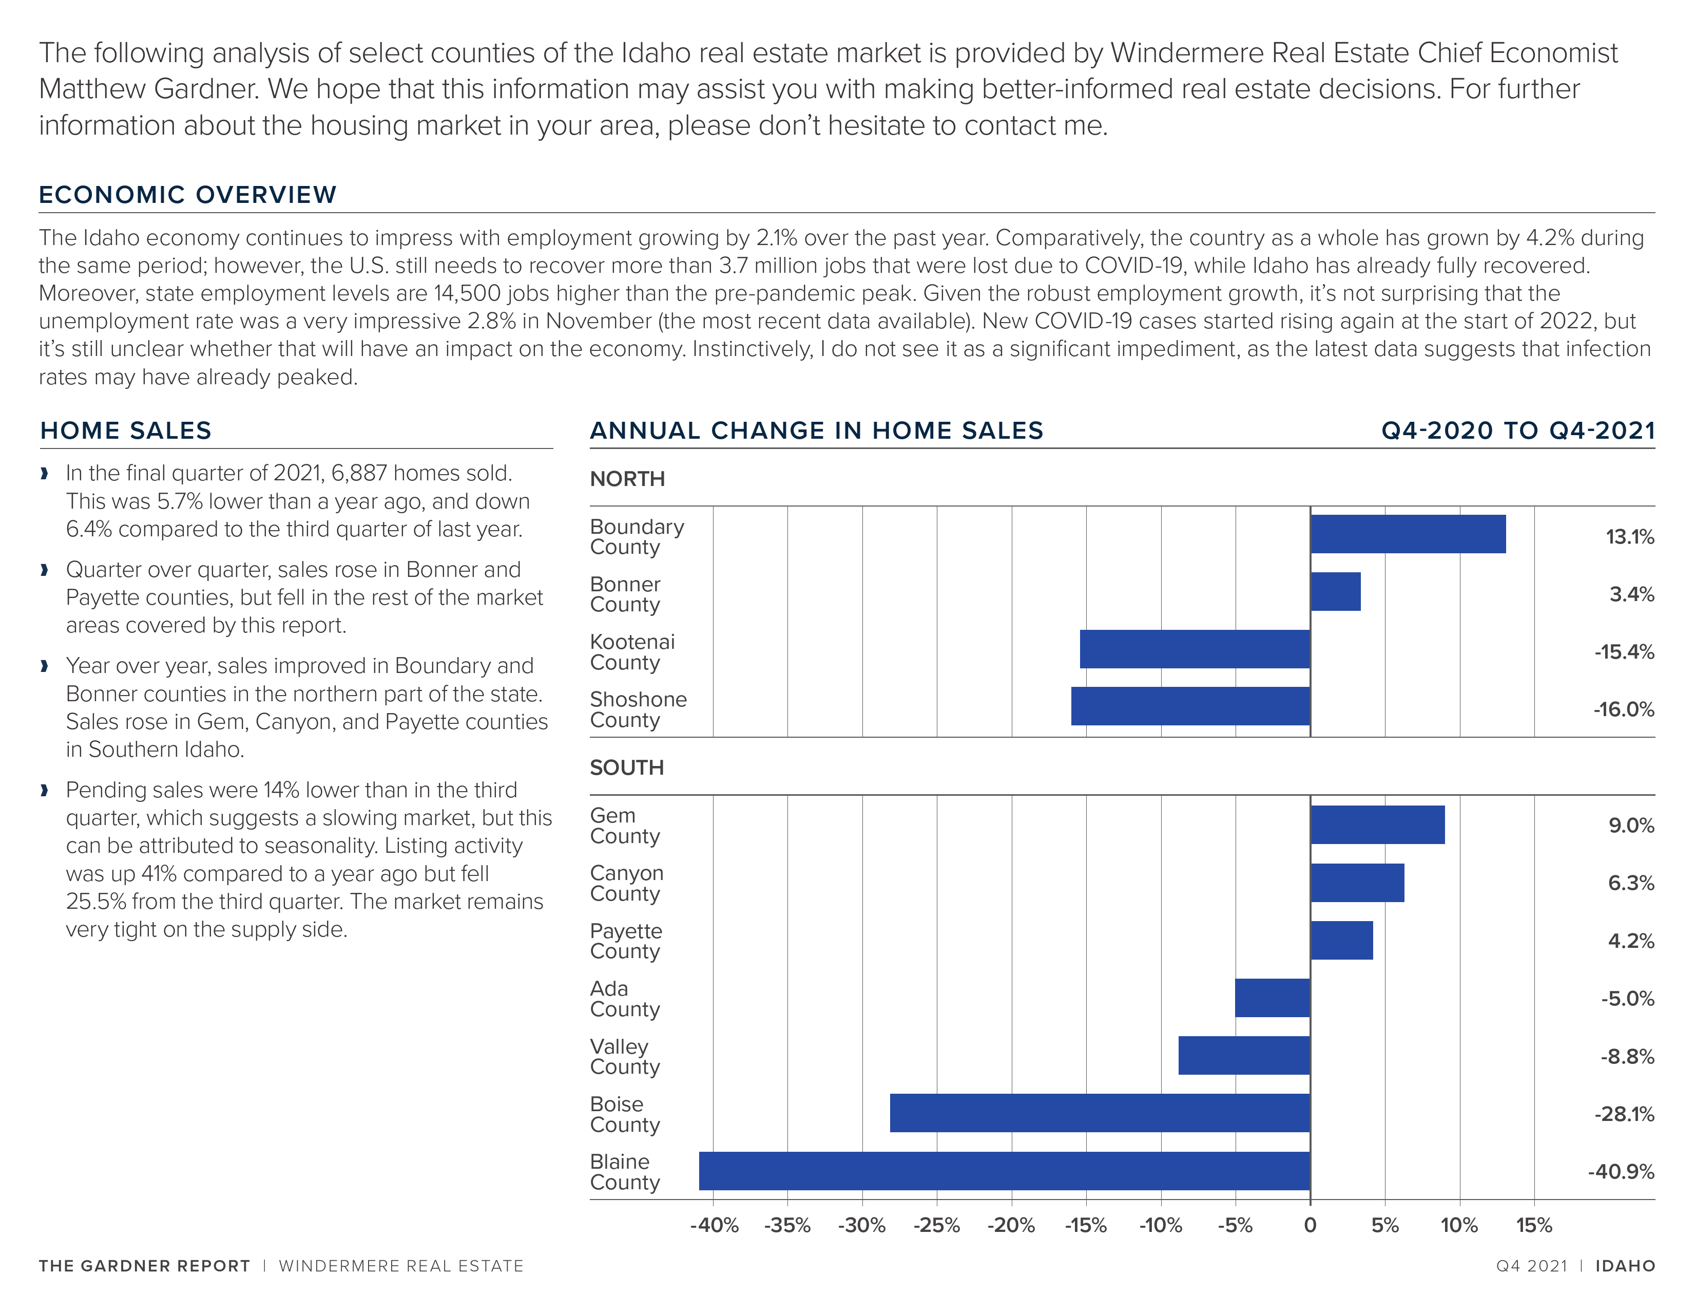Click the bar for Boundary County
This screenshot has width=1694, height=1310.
tap(1408, 534)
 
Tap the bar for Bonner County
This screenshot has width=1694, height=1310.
tap(1336, 591)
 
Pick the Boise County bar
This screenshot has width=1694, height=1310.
tap(1100, 1113)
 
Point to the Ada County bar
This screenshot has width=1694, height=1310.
tap(1272, 998)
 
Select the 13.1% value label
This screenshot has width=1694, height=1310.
tap(1630, 536)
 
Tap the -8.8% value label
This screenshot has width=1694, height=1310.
tap(1627, 1056)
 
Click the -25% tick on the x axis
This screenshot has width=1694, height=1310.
tap(936, 1225)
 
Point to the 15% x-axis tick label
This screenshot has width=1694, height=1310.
tap(1534, 1225)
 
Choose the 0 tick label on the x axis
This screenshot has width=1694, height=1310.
tap(1310, 1225)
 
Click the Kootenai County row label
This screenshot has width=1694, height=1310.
tap(632, 652)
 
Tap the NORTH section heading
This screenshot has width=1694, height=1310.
tap(627, 479)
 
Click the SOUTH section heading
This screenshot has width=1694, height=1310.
tap(627, 768)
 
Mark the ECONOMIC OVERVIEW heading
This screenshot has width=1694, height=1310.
tap(188, 194)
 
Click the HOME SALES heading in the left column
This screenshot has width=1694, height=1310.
tap(126, 431)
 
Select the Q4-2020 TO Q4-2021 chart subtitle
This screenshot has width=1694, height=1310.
tap(1518, 431)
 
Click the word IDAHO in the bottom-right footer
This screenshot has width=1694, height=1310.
tap(1625, 1266)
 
